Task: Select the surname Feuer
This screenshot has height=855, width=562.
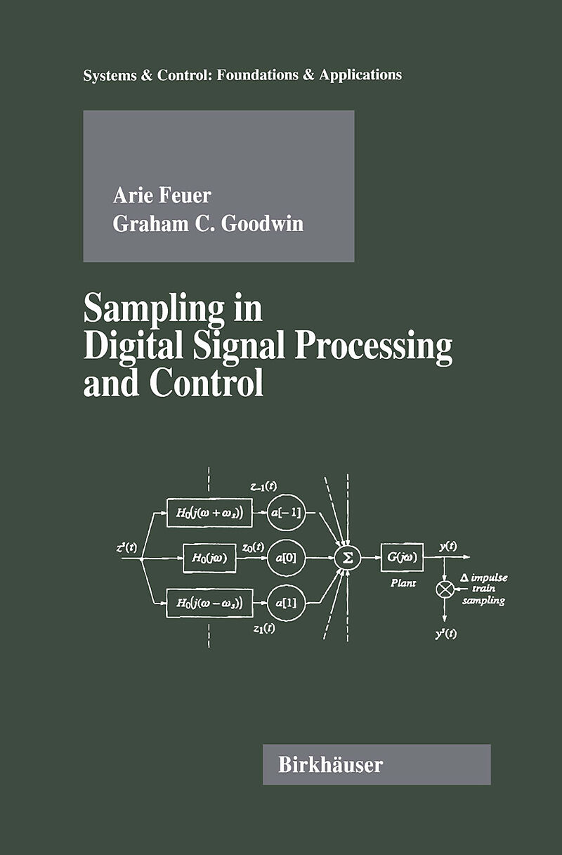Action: point(185,195)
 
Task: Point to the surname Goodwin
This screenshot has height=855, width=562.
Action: point(262,223)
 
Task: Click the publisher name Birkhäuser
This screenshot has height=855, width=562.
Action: point(330,764)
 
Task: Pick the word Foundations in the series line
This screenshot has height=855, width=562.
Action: point(258,74)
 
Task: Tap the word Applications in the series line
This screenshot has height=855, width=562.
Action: point(360,74)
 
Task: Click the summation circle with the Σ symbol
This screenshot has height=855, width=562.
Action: point(348,558)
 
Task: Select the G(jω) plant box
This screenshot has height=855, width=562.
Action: point(402,557)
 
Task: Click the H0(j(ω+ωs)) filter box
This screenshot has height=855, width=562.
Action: point(209,513)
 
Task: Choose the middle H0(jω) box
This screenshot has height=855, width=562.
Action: point(209,558)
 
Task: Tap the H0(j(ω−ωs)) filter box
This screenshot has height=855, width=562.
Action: point(209,603)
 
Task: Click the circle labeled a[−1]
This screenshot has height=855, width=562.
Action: point(286,513)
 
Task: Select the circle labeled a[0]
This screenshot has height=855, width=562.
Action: point(286,558)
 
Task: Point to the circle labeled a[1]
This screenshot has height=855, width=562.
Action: point(286,603)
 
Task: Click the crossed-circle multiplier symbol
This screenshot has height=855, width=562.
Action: point(445,589)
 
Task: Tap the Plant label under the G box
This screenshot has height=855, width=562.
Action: point(403,583)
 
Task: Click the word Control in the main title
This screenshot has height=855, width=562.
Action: point(207,383)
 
